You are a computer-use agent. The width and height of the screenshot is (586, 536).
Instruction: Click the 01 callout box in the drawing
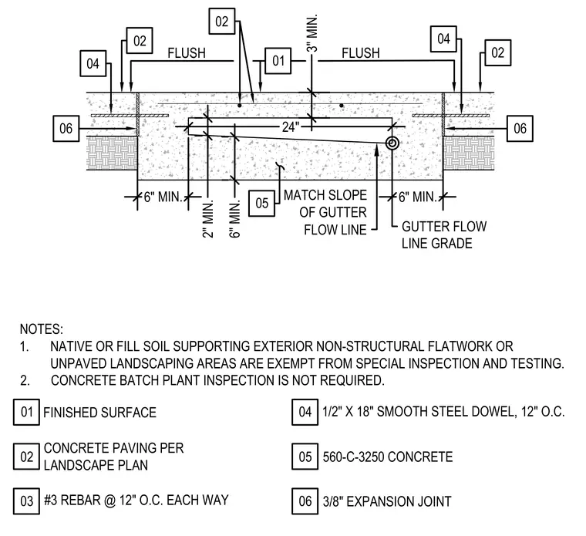(278, 61)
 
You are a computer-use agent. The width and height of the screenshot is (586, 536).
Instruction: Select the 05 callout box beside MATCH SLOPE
(261, 204)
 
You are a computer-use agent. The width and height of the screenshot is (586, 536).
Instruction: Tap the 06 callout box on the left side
(66, 129)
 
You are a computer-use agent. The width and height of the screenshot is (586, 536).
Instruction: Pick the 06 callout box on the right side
(520, 129)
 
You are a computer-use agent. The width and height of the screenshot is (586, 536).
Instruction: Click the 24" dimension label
(291, 127)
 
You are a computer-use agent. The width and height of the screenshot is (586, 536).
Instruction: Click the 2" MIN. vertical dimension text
(207, 219)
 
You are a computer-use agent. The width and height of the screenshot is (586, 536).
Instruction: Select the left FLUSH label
(187, 53)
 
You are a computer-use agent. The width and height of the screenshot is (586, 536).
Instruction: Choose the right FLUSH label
(361, 53)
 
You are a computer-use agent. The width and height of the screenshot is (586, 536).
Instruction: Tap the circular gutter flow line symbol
(392, 143)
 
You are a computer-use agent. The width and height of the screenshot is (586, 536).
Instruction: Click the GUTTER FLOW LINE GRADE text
(444, 234)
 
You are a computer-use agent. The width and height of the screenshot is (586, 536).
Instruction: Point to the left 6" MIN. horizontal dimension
(163, 197)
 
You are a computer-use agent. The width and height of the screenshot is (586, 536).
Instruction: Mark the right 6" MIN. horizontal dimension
(417, 197)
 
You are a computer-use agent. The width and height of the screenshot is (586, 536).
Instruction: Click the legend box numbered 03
(26, 501)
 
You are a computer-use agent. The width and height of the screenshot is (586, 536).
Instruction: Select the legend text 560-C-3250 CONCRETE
(388, 457)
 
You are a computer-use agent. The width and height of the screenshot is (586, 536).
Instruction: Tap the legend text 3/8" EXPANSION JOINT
(387, 501)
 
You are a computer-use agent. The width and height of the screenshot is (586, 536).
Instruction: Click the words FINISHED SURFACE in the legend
(99, 413)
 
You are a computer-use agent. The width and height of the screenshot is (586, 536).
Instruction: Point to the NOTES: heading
(42, 329)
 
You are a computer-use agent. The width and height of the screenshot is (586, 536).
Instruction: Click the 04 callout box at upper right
(443, 39)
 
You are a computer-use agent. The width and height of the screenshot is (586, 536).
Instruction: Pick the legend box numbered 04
(305, 413)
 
